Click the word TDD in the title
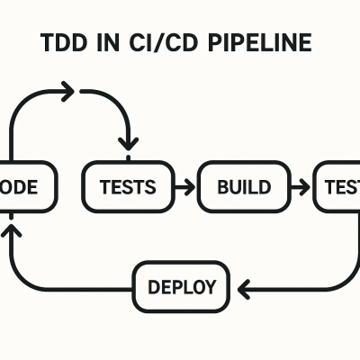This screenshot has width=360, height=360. pos(65,43)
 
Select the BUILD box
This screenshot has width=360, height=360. pos(243,187)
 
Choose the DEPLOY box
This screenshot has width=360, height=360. pos(181,288)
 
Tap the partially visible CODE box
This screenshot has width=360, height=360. pos(22,187)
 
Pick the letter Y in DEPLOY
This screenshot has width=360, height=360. pos(210,288)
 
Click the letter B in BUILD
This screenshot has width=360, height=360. pos(224,187)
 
